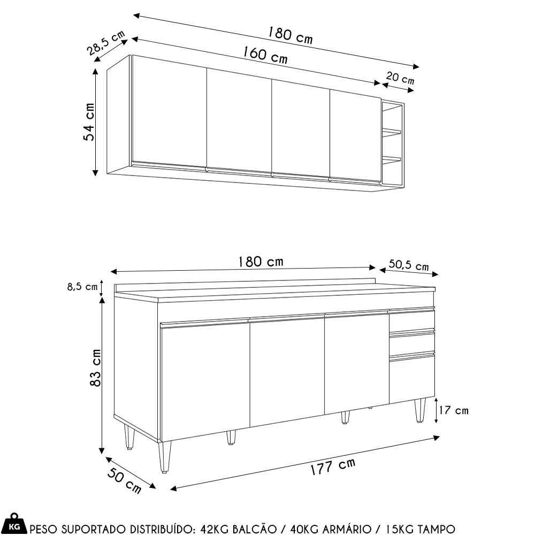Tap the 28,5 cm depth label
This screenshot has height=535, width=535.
106,43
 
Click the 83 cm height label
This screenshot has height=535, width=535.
95,369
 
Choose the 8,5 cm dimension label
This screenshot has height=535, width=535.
82,287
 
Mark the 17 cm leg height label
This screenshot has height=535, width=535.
453,410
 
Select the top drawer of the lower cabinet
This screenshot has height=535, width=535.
411,322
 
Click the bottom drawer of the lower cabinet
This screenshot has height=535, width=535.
411,380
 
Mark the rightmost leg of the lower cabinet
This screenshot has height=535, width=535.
421,411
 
